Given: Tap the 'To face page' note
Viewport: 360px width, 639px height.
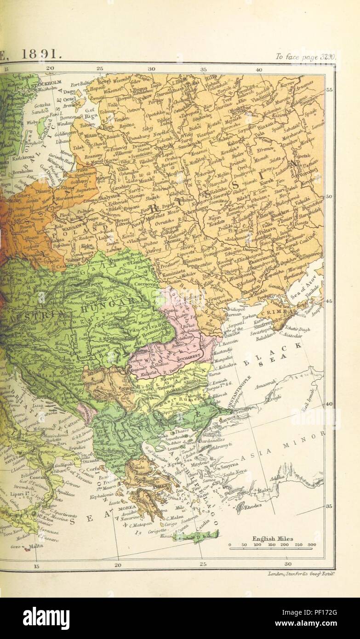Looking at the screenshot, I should (306, 57).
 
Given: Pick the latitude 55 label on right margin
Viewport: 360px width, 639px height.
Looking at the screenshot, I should (329, 91).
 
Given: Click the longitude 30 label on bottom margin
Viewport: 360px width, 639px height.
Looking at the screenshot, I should (288, 564).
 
